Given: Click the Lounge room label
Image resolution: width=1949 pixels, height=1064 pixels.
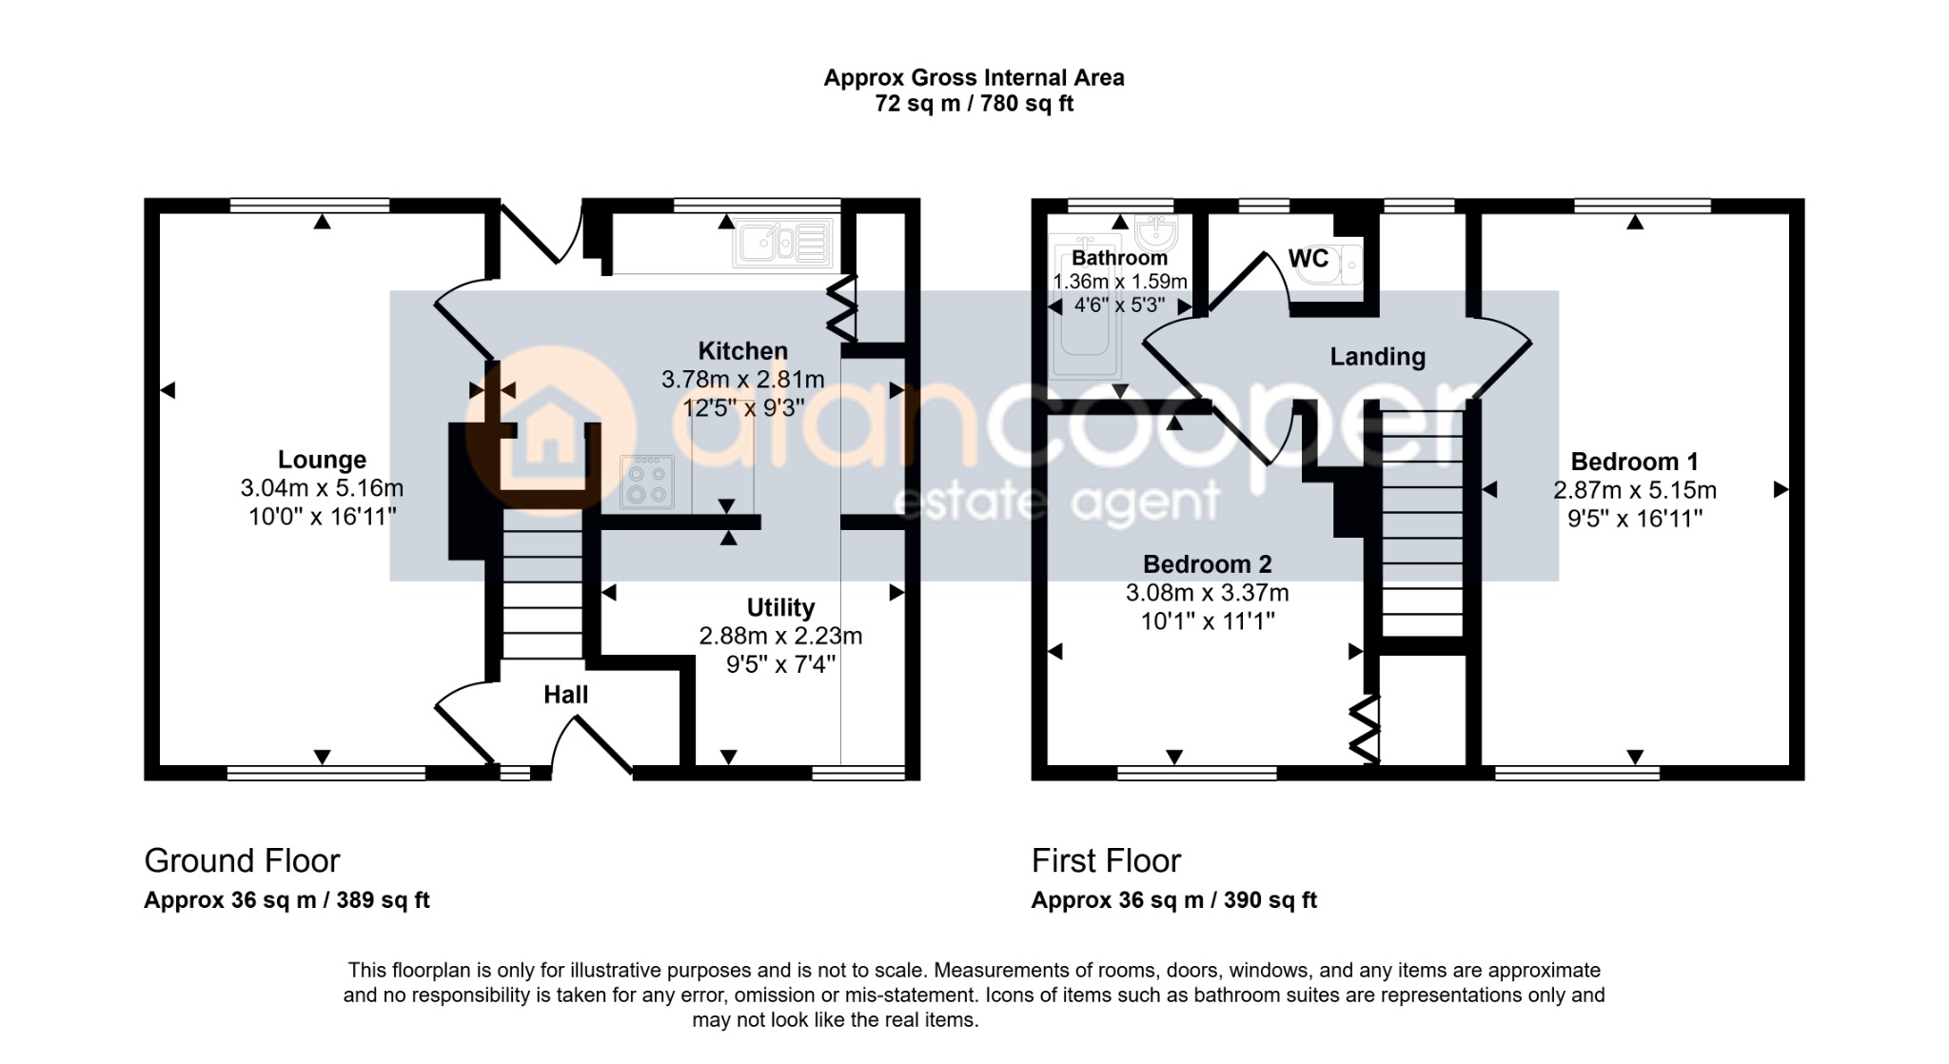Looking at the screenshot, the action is point(322,460).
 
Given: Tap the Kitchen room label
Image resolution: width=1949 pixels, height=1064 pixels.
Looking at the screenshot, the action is point(743,351).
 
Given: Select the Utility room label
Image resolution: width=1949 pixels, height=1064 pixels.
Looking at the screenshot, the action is point(780,608).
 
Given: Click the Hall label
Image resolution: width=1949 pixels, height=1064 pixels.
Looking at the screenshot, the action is point(565,695).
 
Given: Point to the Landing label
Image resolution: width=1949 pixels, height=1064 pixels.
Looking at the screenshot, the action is point(1377,358).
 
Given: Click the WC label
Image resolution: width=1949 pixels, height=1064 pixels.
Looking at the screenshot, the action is point(1308,258).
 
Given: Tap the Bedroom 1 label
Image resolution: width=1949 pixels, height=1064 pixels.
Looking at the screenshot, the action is point(1634,462).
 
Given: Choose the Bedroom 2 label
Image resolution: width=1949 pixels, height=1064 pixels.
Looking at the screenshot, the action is point(1207,564).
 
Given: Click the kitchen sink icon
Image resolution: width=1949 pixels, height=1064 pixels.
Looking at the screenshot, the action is point(782,243).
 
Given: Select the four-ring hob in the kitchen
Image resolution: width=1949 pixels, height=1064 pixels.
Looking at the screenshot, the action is point(647,482).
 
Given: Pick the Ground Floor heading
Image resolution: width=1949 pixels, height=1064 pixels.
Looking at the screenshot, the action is point(242,861).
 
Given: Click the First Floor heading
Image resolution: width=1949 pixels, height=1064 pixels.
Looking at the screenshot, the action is point(1106,861).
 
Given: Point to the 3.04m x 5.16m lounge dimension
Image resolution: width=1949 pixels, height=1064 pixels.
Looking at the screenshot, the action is point(322,488).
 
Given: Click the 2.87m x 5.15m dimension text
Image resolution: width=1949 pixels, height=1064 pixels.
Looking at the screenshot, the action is point(1635,490).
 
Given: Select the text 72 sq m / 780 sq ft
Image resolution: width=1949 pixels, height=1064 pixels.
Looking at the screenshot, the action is point(974,104).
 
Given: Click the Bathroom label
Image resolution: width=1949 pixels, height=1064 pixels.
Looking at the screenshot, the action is point(1119,258).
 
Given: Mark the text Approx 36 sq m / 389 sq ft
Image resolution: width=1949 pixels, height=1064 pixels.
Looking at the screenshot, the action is point(286,900).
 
